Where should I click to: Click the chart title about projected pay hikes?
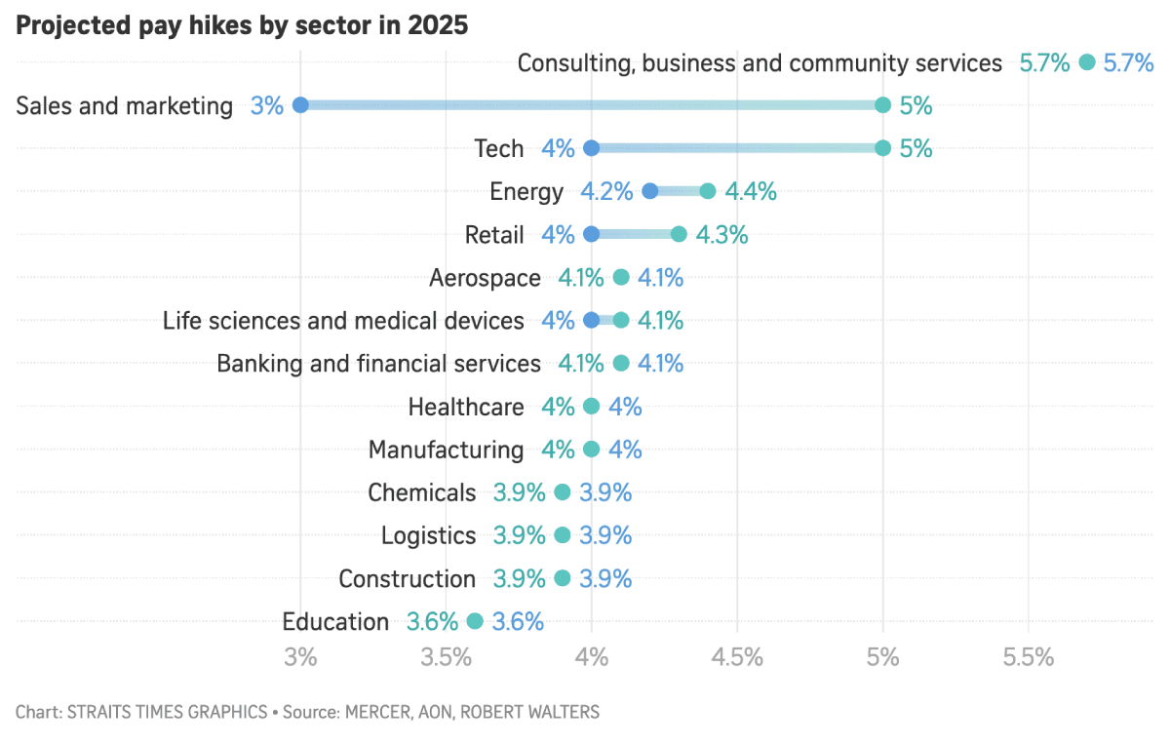pos(242,26)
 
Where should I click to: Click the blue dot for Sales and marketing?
pos(300,105)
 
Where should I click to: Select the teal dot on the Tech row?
pos(882,148)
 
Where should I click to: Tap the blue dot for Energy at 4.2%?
pos(650,192)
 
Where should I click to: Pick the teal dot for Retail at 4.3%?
pos(679,235)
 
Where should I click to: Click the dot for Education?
pos(475,621)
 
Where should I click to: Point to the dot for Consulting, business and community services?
pos(1087,63)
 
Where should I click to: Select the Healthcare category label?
pos(465,407)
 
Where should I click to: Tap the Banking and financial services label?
pos(378,364)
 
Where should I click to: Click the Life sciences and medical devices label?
pos(343,321)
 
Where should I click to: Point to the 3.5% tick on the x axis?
pos(447,657)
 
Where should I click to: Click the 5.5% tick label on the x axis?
pos(1029,657)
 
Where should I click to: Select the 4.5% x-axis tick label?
pos(737,657)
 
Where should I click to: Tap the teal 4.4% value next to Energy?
pos(750,192)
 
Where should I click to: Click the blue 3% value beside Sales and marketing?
pos(266,106)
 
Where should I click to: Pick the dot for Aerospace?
pos(621,278)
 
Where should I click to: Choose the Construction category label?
pos(407,578)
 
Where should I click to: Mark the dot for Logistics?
pos(563,535)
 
